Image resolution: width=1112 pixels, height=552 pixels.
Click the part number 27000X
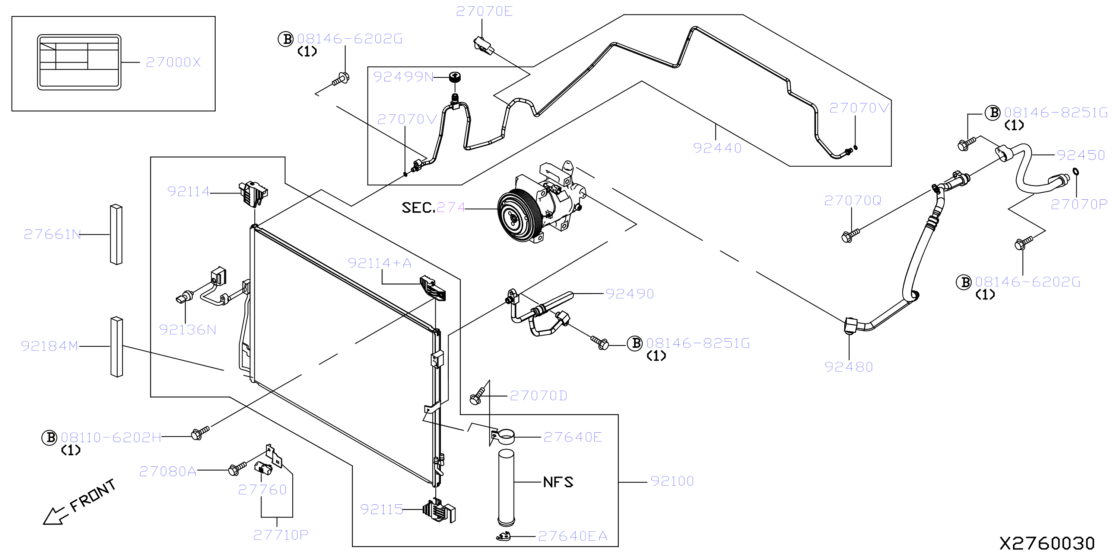(x=173, y=62)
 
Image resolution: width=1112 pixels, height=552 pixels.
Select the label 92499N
(x=403, y=77)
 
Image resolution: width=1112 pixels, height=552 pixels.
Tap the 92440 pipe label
(x=717, y=148)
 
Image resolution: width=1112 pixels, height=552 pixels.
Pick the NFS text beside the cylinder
(x=558, y=482)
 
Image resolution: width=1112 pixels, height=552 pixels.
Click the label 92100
(x=672, y=481)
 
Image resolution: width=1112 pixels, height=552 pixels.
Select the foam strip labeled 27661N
(x=116, y=235)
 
